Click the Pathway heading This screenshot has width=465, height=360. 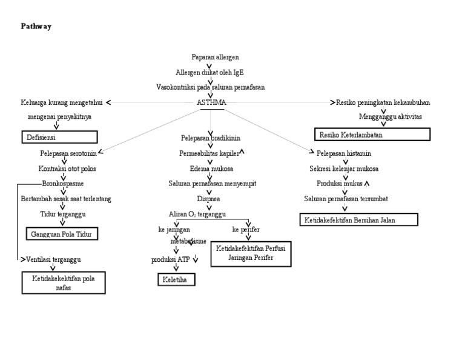point(36,27)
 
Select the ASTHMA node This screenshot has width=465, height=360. point(211,102)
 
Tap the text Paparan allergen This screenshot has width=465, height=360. point(211,57)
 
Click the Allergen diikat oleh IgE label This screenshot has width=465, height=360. point(210,72)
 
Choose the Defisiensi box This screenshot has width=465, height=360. point(60,138)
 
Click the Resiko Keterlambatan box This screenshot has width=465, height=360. point(372,134)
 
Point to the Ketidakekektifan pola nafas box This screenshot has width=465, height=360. point(64,282)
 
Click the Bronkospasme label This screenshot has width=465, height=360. point(63,183)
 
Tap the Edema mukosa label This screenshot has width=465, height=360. point(210,168)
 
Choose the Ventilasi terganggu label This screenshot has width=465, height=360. point(54,259)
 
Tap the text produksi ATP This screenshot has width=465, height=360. point(170,260)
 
